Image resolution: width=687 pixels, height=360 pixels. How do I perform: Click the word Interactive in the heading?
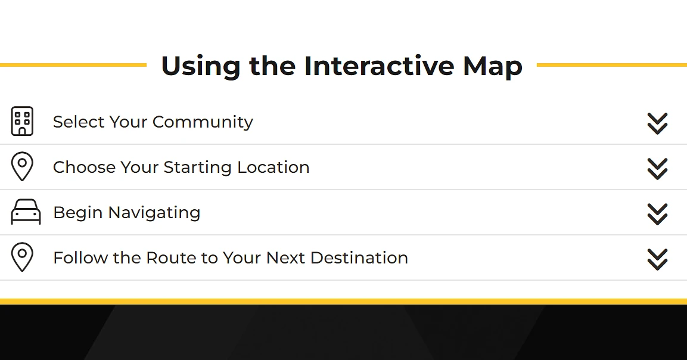point(380,66)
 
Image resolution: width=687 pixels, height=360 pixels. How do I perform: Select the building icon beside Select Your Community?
point(22,121)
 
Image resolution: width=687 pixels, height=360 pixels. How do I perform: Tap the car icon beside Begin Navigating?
point(26,212)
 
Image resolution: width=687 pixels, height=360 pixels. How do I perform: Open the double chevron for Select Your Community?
point(657,123)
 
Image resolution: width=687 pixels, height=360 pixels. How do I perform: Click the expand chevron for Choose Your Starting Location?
point(657,169)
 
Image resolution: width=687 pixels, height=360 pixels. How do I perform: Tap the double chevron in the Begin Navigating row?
point(657,214)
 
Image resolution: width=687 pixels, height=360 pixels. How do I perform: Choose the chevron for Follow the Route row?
point(657,259)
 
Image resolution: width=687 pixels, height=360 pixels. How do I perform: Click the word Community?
point(203,122)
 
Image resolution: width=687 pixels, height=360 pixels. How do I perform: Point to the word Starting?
point(197,167)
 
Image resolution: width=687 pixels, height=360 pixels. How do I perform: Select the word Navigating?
point(154,213)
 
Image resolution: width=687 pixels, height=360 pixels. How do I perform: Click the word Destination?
point(359,258)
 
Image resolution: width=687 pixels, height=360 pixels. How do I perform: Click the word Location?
point(273,167)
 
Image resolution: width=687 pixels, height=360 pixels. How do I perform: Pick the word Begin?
point(78,213)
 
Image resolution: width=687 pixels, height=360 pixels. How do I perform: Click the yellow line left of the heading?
point(73,65)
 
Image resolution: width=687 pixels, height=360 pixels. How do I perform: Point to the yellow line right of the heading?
point(612,65)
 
